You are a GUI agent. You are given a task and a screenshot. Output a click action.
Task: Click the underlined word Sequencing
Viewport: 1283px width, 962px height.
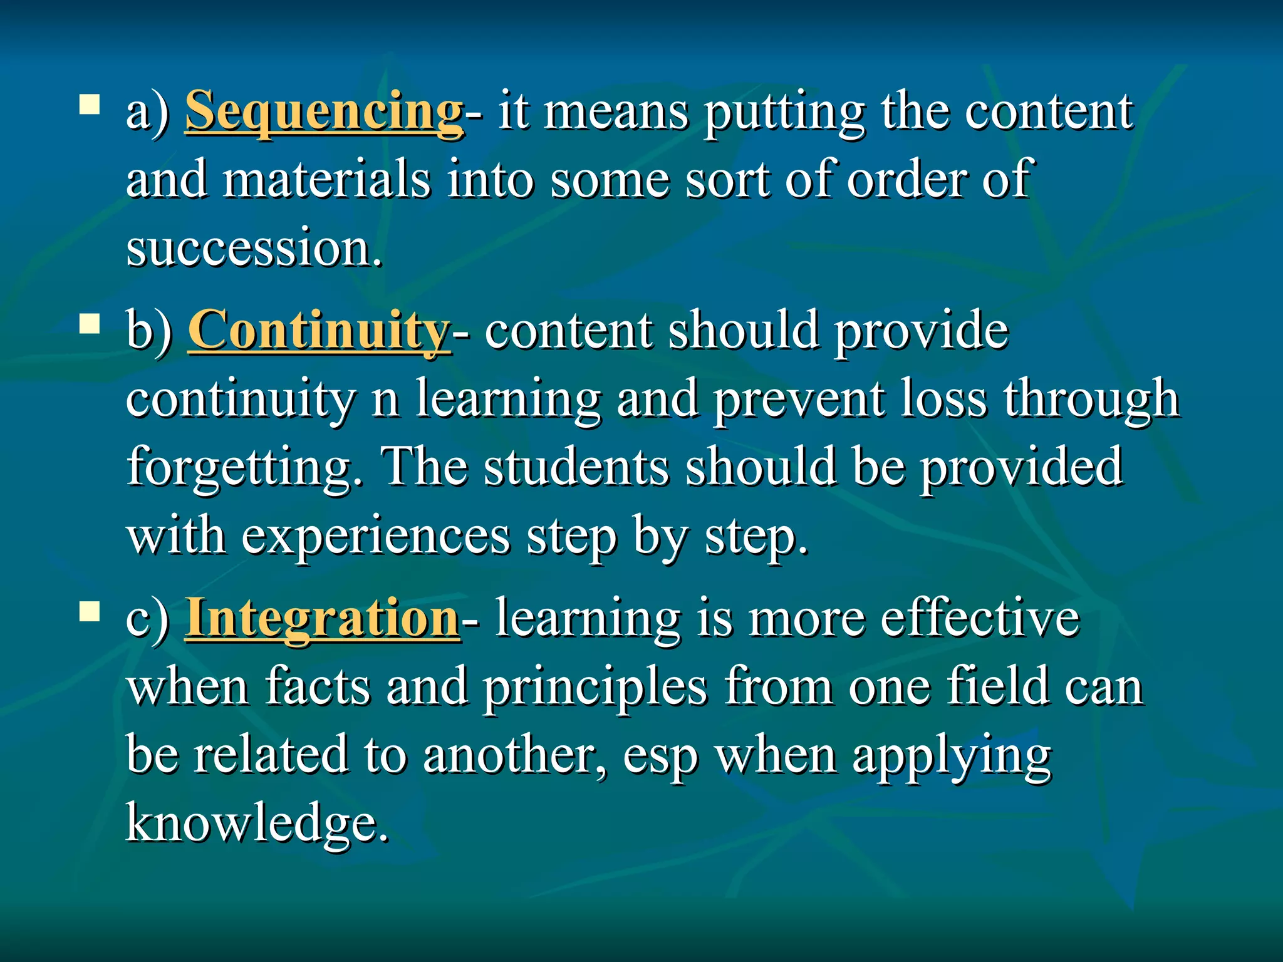point(324,111)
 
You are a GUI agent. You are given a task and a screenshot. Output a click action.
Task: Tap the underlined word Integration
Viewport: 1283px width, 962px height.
point(322,618)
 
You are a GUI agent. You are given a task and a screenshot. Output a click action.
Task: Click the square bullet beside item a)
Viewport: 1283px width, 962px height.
point(90,105)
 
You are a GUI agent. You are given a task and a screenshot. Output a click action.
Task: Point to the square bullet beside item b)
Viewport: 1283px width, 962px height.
point(90,325)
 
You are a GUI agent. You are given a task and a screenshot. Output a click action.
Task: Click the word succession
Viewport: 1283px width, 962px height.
point(253,248)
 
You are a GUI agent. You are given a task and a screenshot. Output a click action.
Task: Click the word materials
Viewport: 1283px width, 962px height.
point(326,180)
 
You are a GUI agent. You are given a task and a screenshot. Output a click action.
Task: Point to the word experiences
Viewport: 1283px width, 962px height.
point(376,536)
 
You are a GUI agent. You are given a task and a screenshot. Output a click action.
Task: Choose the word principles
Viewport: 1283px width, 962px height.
point(595,688)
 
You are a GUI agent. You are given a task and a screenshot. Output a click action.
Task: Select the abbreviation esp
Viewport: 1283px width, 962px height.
point(660,757)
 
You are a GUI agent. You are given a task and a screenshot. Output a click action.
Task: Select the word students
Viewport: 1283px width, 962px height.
point(576,467)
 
